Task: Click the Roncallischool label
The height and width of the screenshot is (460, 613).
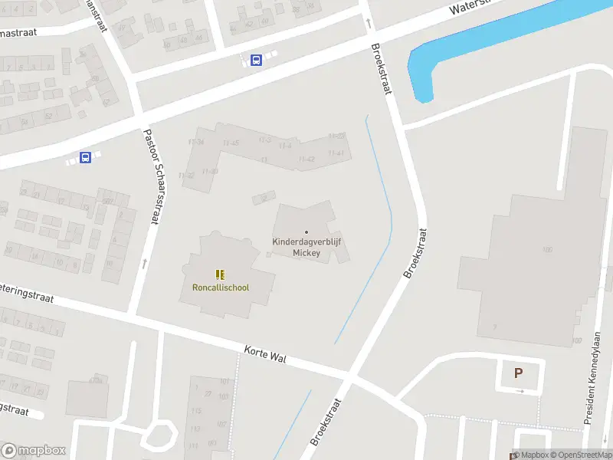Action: (x=221, y=287)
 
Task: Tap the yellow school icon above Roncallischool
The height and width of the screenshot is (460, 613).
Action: (x=221, y=274)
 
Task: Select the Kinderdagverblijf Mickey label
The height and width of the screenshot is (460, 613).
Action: (x=306, y=247)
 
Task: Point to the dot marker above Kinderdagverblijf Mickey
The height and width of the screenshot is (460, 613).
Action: (x=306, y=232)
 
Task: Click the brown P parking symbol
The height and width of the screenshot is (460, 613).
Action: (x=518, y=373)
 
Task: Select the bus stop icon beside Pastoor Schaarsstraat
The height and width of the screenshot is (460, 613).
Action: (x=85, y=158)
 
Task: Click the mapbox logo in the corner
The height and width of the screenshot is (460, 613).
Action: (x=33, y=450)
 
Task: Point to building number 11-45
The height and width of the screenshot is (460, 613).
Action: (x=231, y=143)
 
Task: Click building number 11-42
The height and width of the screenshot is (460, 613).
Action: (x=306, y=159)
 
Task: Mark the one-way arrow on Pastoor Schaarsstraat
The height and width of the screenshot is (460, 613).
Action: (x=144, y=264)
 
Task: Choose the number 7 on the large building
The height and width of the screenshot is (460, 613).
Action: (x=495, y=327)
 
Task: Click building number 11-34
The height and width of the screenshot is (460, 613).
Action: (x=196, y=143)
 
